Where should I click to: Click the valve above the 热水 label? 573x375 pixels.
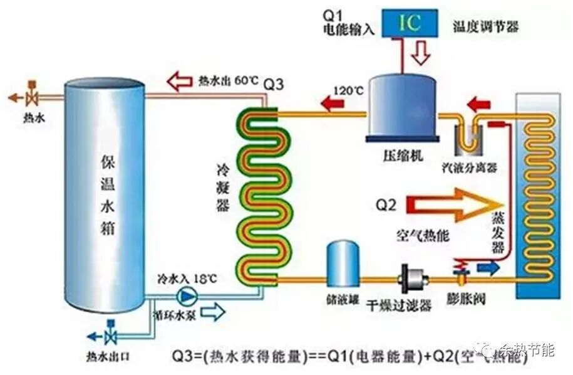pos(32,98)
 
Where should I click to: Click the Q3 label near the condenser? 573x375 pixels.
pos(274,84)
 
